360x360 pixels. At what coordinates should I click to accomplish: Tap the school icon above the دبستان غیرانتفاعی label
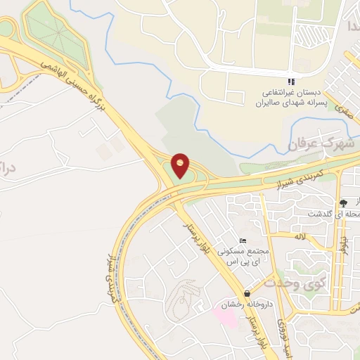[291, 82]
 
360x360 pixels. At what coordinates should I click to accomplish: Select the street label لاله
[300, 237]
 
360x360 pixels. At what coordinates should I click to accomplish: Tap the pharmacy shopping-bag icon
[245, 293]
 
